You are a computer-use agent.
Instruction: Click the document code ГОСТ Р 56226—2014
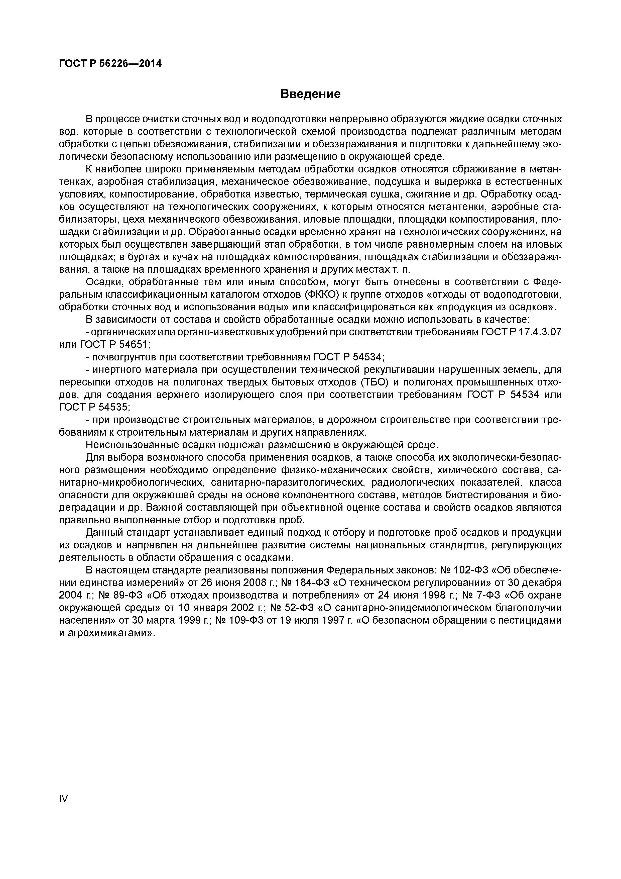pyautogui.click(x=110, y=64)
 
